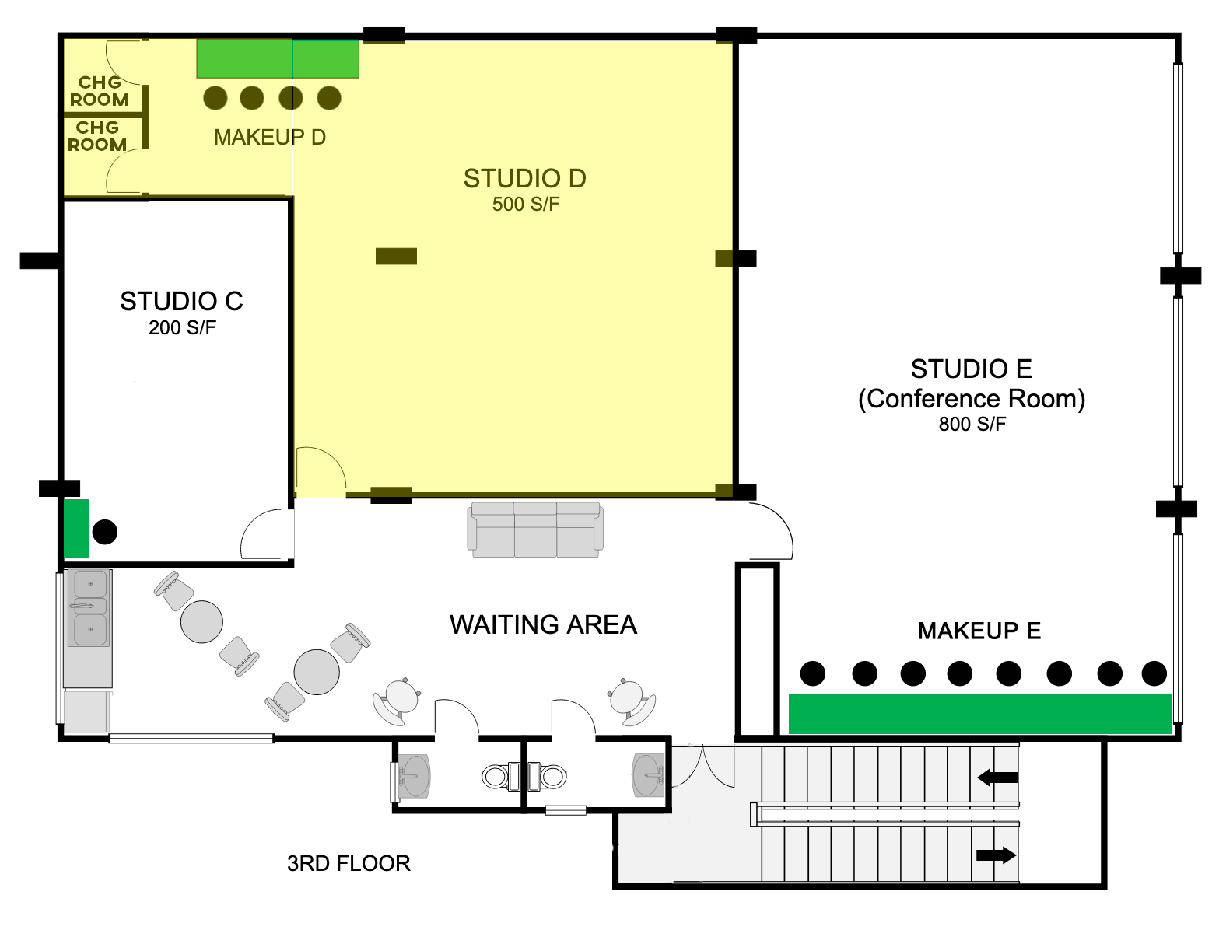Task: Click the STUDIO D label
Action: tap(524, 179)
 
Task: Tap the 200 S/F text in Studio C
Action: tap(182, 327)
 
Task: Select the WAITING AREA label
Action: tap(543, 624)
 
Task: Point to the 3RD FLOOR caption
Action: tap(349, 863)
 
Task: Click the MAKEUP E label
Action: tap(979, 631)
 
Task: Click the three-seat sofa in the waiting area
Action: tap(535, 530)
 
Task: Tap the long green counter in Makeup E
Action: tap(979, 714)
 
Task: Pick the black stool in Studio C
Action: tap(104, 531)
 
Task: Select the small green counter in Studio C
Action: tap(76, 528)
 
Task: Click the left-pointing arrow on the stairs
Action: tap(997, 777)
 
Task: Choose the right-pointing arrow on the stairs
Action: tap(996, 855)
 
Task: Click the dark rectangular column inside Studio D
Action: tap(396, 257)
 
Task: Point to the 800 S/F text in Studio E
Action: tap(972, 425)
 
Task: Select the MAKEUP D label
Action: tap(270, 138)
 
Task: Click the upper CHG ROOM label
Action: tap(99, 91)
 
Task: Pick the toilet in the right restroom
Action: tap(548, 777)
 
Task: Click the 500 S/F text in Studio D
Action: tap(526, 205)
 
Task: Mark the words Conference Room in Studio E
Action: tap(972, 399)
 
